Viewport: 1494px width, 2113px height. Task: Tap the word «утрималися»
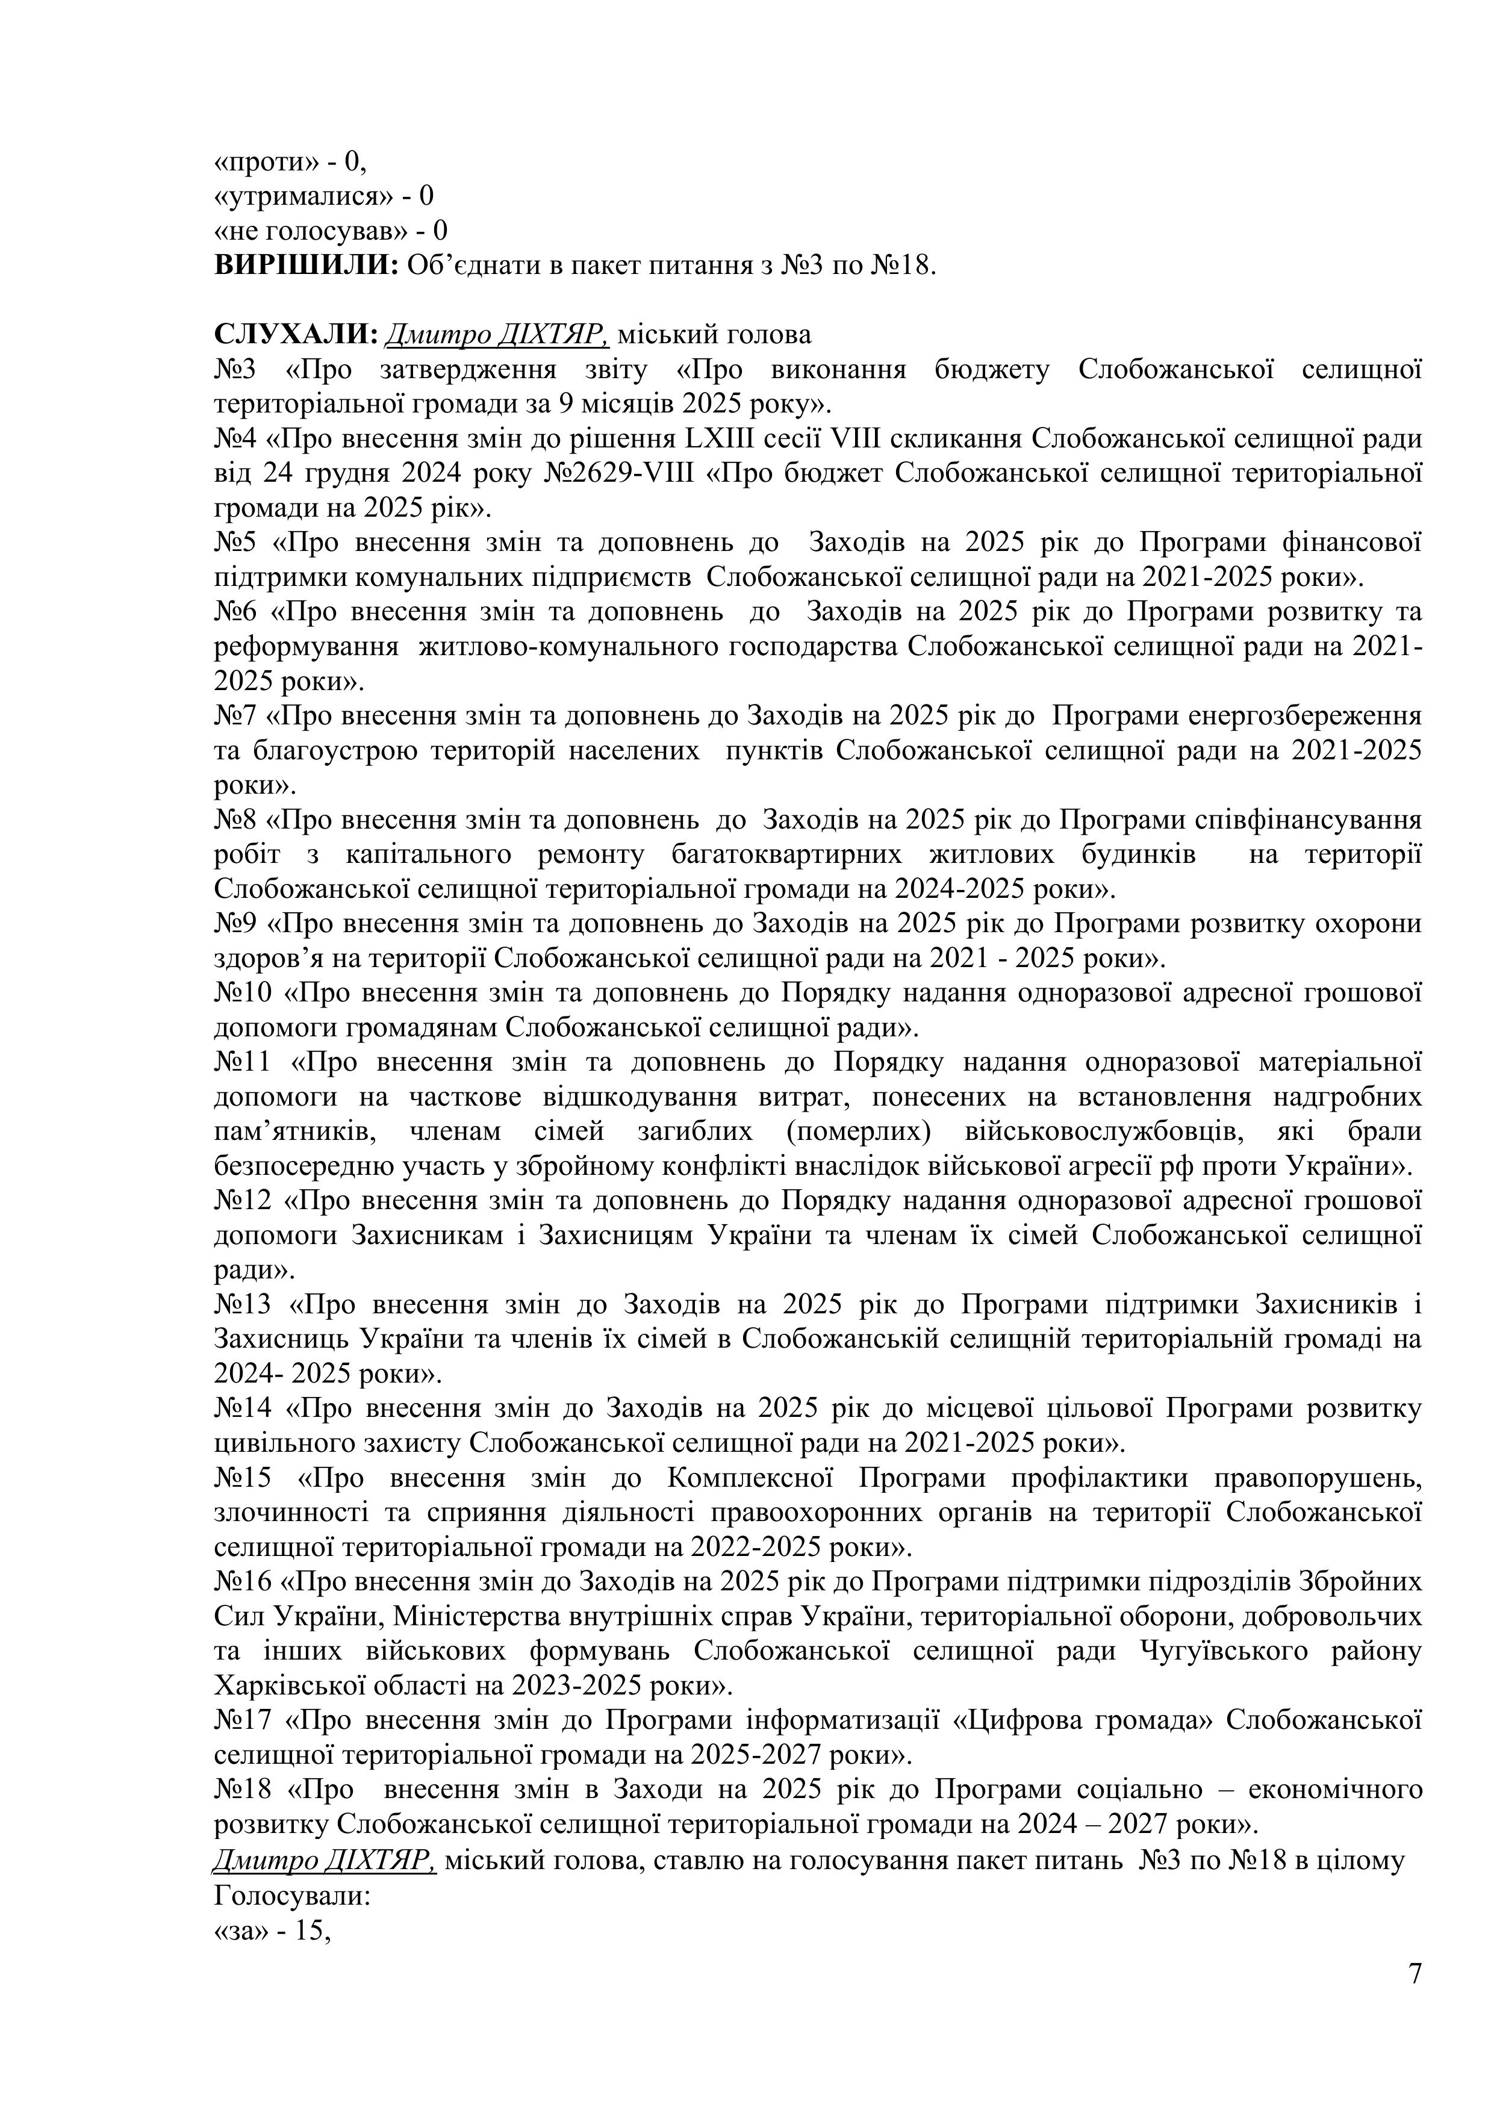pos(297,196)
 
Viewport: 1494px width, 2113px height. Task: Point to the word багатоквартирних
pos(787,854)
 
